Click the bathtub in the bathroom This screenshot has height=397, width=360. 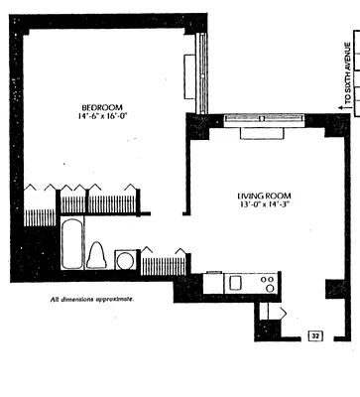click(71, 245)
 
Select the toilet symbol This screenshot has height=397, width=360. click(97, 255)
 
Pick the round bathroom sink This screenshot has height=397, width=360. click(126, 260)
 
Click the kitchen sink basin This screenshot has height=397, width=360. click(236, 283)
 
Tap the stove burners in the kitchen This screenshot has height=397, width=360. click(267, 283)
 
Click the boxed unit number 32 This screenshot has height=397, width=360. click(315, 336)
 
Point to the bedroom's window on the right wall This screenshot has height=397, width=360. click(201, 73)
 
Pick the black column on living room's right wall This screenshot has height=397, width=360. click(332, 289)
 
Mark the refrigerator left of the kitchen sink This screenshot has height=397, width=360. click(212, 282)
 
